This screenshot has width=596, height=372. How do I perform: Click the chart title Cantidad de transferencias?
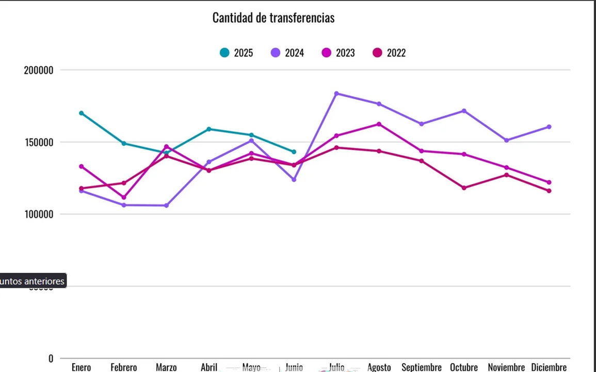273,18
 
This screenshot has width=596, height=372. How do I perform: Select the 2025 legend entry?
236,53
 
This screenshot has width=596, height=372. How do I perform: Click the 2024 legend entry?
287,53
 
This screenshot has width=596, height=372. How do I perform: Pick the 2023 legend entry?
338,53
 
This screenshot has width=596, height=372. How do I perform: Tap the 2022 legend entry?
389,53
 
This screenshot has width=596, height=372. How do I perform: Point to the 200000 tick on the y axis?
39,70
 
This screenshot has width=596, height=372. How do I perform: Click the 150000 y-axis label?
39,143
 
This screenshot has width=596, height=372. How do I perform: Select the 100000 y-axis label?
39,214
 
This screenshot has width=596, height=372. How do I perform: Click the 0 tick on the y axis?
51,359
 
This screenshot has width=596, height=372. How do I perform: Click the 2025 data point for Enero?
82,113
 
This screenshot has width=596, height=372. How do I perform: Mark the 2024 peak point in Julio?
336,94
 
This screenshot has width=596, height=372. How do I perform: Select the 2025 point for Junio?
294,152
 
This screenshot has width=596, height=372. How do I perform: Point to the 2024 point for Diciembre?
549,127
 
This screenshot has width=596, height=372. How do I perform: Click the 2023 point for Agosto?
379,124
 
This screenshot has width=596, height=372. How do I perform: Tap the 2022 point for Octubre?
464,188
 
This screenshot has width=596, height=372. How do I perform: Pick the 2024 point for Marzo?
166,206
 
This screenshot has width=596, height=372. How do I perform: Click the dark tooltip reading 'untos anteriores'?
33,281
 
